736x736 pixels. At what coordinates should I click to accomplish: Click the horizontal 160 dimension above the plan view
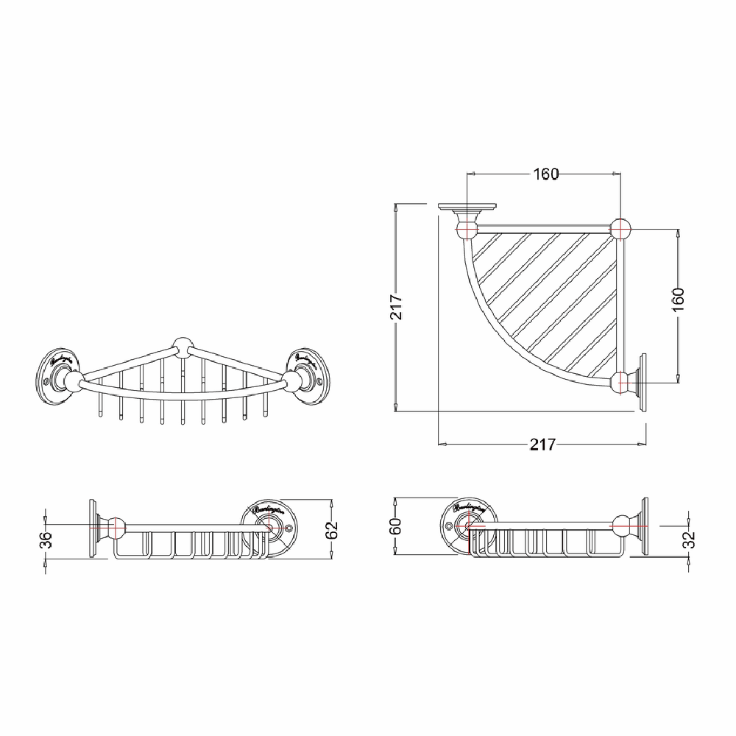click(x=545, y=174)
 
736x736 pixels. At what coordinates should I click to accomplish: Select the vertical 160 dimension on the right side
click(x=678, y=300)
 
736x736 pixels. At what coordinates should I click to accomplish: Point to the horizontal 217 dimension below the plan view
click(x=542, y=445)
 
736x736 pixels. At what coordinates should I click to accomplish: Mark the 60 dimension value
click(x=395, y=526)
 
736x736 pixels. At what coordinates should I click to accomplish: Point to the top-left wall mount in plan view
click(x=465, y=218)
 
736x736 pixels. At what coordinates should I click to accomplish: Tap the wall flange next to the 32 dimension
click(x=642, y=525)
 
